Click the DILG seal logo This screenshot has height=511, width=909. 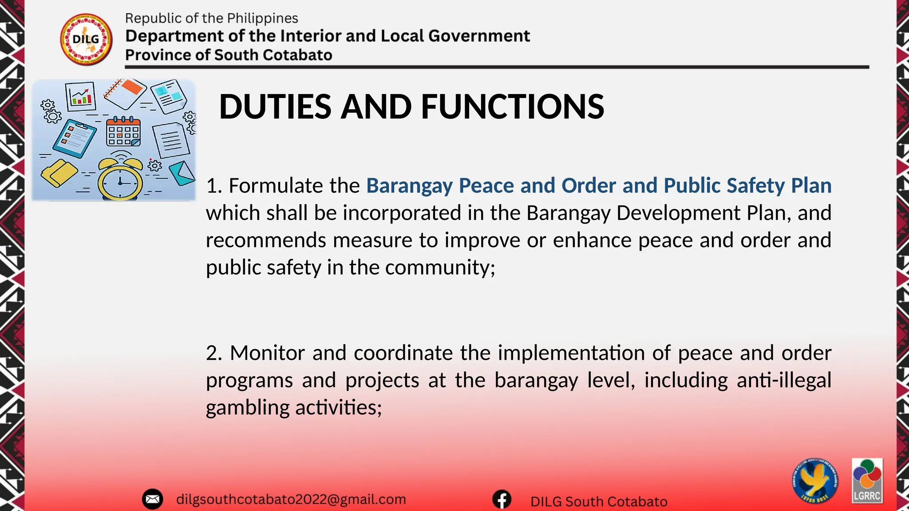pyautogui.click(x=86, y=39)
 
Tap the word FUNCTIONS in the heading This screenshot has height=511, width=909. pyautogui.click(x=512, y=107)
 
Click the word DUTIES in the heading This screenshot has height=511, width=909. pyautogui.click(x=275, y=107)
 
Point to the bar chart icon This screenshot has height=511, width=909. pyautogui.click(x=81, y=96)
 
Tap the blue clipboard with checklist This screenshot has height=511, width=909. pyautogui.click(x=74, y=138)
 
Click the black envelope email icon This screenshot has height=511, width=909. pyautogui.click(x=152, y=499)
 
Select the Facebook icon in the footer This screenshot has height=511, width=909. pyautogui.click(x=502, y=500)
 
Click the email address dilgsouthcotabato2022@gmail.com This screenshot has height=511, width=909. pyautogui.click(x=291, y=499)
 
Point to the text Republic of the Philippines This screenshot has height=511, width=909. pyautogui.click(x=211, y=18)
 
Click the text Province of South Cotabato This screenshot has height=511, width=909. pyautogui.click(x=229, y=55)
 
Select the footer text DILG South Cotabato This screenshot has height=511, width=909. pyautogui.click(x=599, y=502)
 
